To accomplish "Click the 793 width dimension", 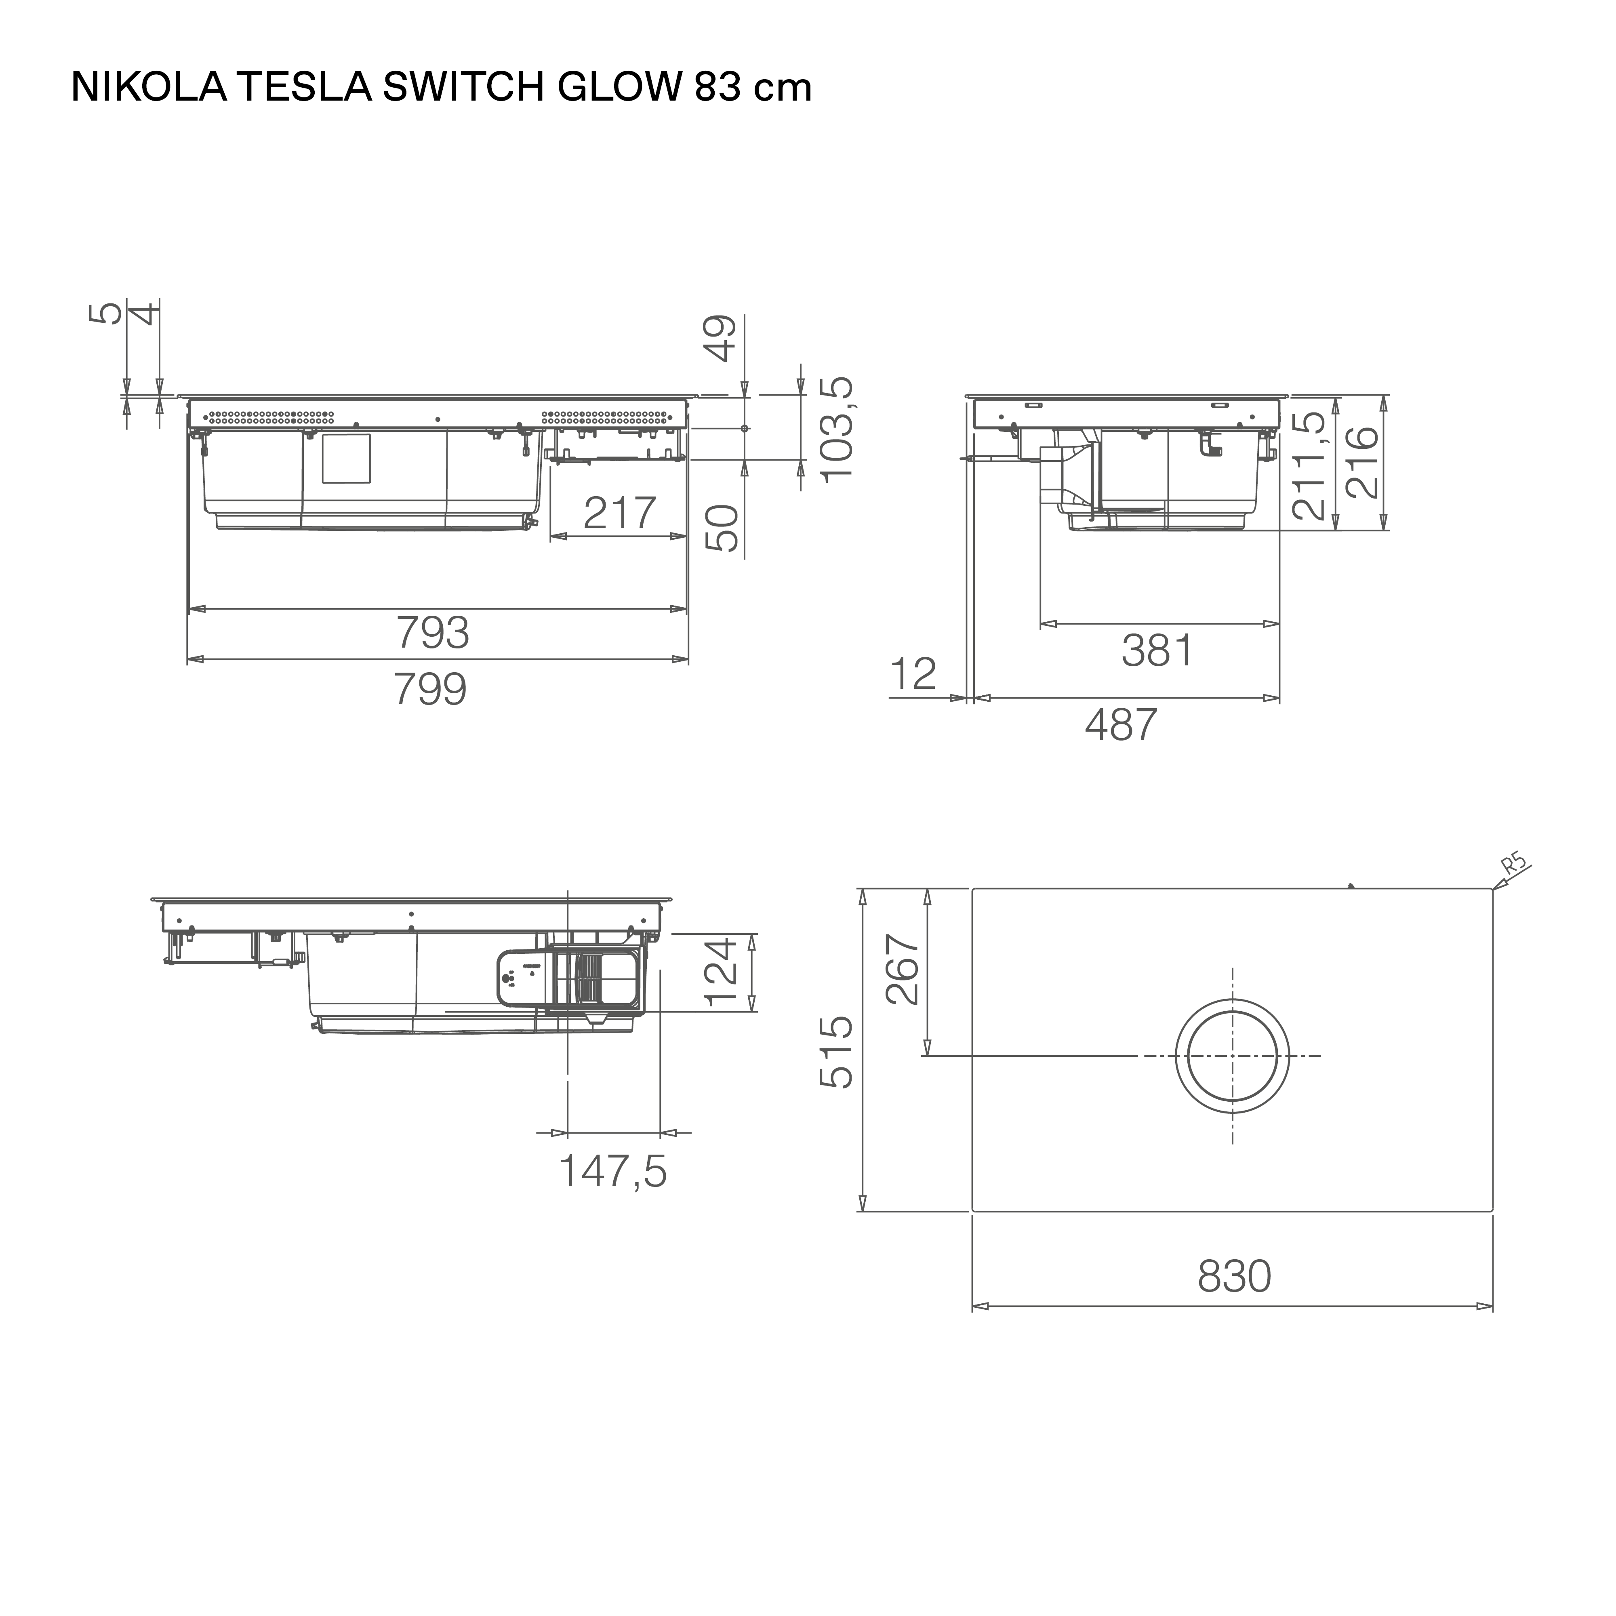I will (432, 633).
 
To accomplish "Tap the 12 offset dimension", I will (913, 674).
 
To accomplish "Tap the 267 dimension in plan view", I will (903, 970).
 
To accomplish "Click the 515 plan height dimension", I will (836, 1052).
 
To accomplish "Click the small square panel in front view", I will (346, 459).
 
